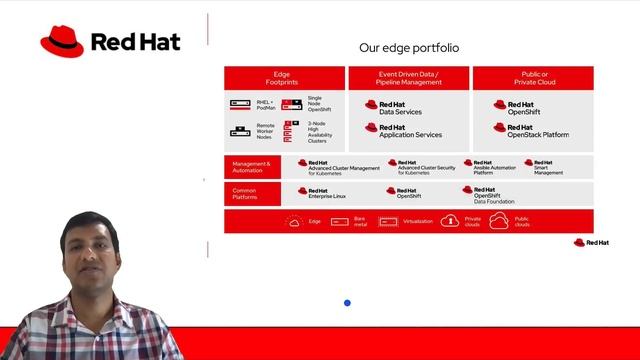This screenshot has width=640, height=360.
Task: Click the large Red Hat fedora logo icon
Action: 62,41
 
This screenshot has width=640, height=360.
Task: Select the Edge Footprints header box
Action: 283,78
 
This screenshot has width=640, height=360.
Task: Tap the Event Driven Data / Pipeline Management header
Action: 408,78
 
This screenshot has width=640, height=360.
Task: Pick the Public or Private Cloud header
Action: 532,78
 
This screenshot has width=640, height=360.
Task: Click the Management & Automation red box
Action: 254,167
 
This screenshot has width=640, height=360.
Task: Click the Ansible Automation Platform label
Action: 494,167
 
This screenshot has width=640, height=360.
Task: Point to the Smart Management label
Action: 547,167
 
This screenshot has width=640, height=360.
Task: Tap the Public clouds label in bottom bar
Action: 521,221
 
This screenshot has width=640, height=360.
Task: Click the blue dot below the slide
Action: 347,303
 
